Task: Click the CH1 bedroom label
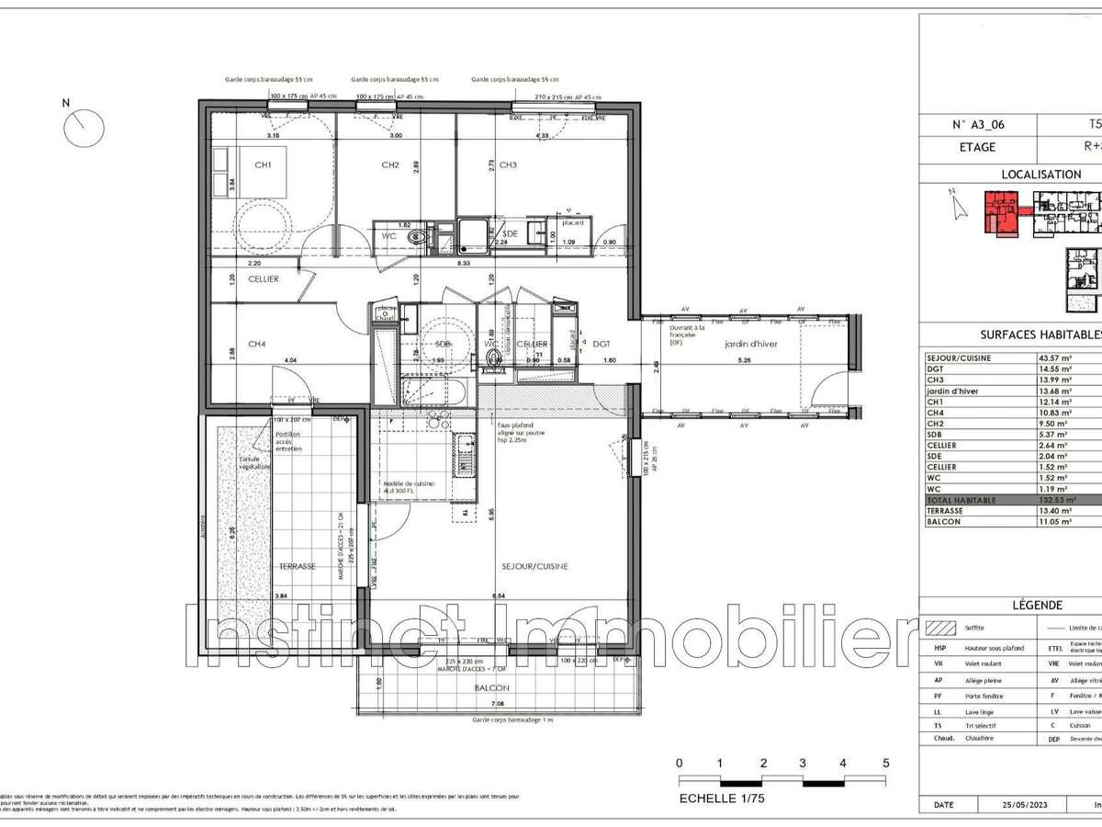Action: coord(264,165)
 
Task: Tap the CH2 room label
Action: coord(389,165)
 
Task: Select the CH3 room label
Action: coord(508,165)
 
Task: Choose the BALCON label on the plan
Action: coord(491,687)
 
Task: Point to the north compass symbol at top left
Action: coord(84,127)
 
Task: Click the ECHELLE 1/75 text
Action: coord(721,799)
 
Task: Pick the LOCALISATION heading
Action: coord(1040,174)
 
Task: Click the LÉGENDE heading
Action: coord(1037,606)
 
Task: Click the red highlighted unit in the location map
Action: coord(999,211)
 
